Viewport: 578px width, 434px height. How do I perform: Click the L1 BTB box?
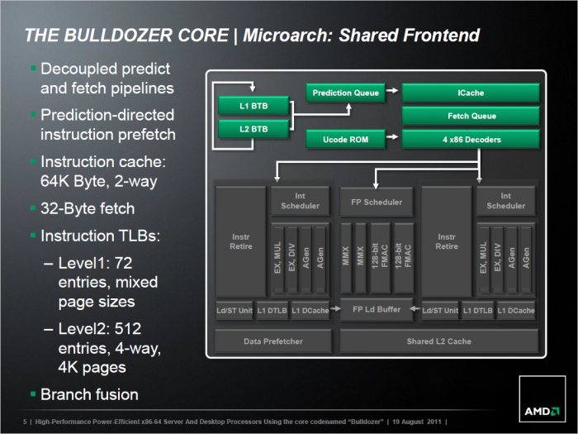(253, 107)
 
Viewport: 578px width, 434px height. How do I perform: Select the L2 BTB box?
(253, 129)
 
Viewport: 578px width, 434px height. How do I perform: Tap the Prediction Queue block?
(346, 93)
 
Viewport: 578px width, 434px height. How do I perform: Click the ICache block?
(471, 93)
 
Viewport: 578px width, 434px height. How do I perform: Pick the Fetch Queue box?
(471, 116)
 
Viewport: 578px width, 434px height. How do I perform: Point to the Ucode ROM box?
(346, 139)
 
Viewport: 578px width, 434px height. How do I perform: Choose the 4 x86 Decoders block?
(471, 139)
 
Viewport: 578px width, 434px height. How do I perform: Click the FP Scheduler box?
(377, 202)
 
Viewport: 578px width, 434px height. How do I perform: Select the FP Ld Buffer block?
(377, 309)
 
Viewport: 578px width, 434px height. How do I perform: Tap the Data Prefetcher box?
(272, 341)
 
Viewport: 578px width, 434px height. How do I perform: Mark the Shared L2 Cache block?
(439, 341)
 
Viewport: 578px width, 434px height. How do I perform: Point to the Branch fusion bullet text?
(88, 394)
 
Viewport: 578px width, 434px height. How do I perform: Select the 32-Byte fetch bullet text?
(88, 207)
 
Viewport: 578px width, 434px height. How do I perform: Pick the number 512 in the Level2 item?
(141, 330)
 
